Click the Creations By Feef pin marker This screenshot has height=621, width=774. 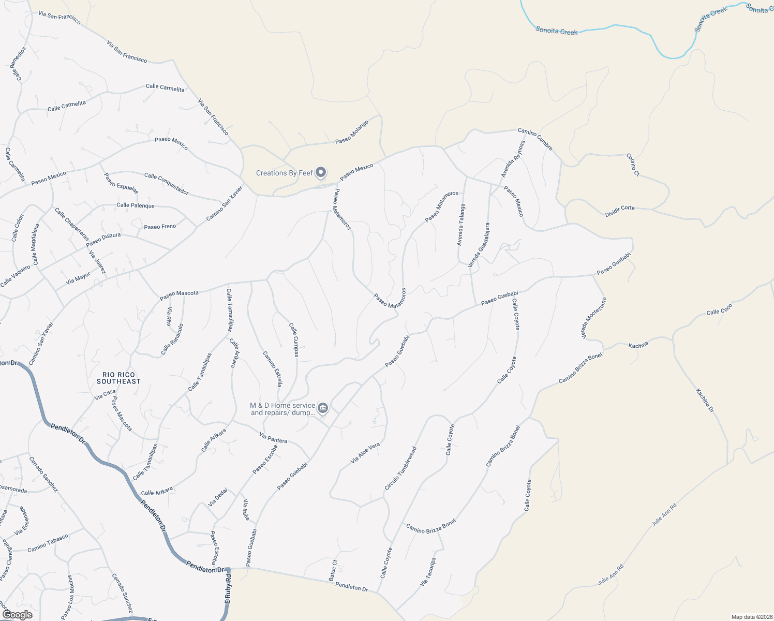pyautogui.click(x=321, y=172)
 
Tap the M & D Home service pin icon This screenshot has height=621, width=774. pyautogui.click(x=323, y=408)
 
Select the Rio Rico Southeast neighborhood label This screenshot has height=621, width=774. pyautogui.click(x=118, y=378)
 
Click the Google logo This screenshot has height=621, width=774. pyautogui.click(x=17, y=615)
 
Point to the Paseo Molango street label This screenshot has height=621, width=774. pyautogui.click(x=352, y=132)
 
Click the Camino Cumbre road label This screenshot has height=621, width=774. pyautogui.click(x=535, y=139)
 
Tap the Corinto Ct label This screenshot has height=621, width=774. pyautogui.click(x=633, y=165)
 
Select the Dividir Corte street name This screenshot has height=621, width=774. pyautogui.click(x=620, y=211)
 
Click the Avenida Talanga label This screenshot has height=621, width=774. pyautogui.click(x=460, y=224)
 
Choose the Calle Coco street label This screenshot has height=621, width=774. pyautogui.click(x=720, y=309)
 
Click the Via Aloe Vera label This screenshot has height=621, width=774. pyautogui.click(x=365, y=453)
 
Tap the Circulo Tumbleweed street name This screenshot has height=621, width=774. pyautogui.click(x=400, y=468)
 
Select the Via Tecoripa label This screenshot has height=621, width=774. pyautogui.click(x=428, y=572)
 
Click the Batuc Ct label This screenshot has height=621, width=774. pyautogui.click(x=334, y=570)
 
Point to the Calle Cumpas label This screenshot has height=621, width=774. pyautogui.click(x=294, y=340)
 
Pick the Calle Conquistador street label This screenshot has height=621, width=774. pyautogui.click(x=166, y=184)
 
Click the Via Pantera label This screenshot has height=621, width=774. pyautogui.click(x=273, y=439)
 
